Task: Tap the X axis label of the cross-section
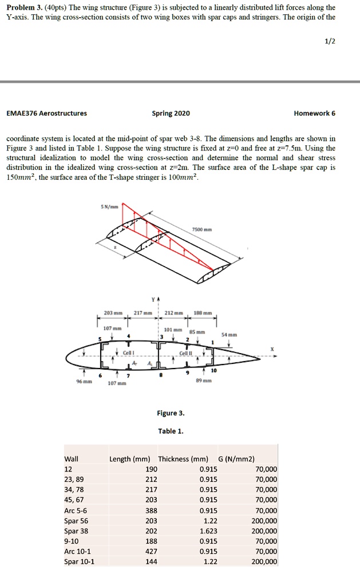tap(272, 349)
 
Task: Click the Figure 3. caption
tap(172, 413)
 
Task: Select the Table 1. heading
tap(171, 431)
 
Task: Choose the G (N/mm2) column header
tap(236, 459)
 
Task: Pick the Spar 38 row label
tap(76, 531)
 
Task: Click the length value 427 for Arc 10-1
tap(151, 552)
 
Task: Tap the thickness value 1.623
tap(208, 531)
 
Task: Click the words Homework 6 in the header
tap(314, 113)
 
